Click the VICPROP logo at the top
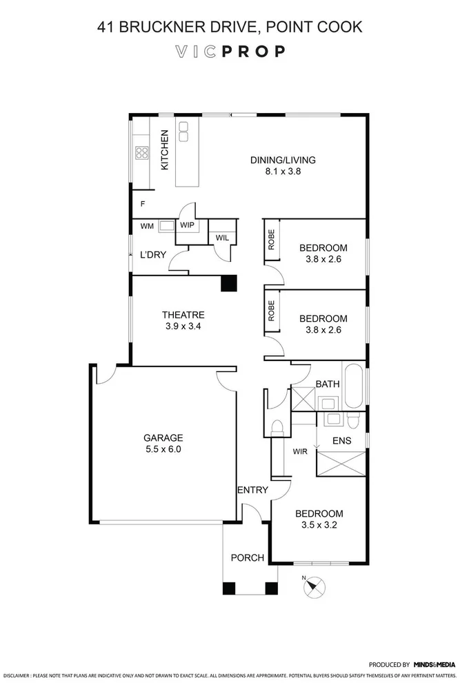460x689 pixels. point(230,52)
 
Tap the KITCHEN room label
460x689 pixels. point(165,150)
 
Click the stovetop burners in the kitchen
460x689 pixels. point(143,153)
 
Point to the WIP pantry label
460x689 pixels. point(187,225)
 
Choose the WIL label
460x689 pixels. point(222,238)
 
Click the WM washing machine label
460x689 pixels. point(147,225)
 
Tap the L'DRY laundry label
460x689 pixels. point(152,254)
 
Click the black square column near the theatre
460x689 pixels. point(228,283)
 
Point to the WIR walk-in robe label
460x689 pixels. point(299,452)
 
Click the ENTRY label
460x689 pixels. point(252,490)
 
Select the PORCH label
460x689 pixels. point(247,557)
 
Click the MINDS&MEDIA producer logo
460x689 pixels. point(434,665)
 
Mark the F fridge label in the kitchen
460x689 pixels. point(143,204)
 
